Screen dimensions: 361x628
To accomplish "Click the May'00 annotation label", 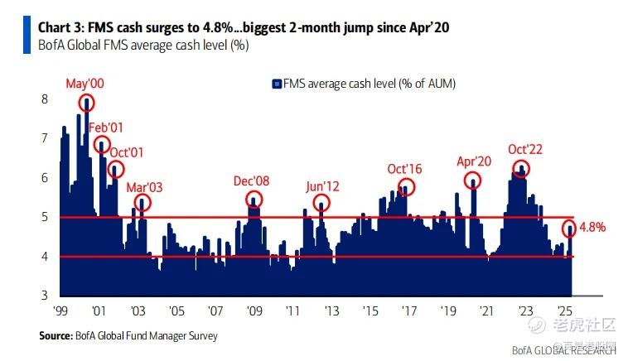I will [x=85, y=84].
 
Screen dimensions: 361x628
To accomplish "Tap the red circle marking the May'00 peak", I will [x=86, y=103].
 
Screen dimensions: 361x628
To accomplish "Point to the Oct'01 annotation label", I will [x=127, y=152].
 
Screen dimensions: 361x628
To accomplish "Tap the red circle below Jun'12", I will [x=322, y=203].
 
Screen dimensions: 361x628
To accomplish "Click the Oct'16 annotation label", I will [x=404, y=169].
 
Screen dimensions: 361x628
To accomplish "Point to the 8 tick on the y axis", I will [x=44, y=99].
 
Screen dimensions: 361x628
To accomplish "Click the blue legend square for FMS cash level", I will [x=277, y=84].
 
